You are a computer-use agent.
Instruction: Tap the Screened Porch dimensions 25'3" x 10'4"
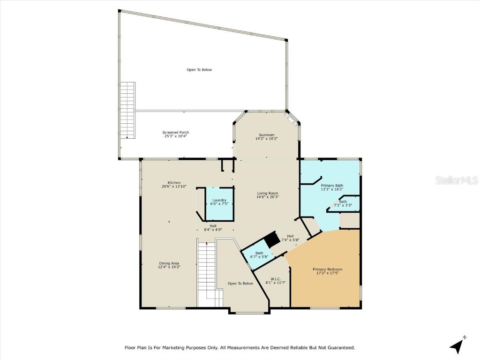tap(176, 136)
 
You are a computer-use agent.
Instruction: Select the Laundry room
tap(219, 202)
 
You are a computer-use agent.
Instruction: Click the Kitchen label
tap(174, 182)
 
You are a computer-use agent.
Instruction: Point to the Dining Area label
tap(169, 263)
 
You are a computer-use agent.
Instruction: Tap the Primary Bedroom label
tap(328, 269)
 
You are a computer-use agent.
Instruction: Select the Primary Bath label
tap(332, 185)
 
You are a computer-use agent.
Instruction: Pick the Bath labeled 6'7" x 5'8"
tap(259, 255)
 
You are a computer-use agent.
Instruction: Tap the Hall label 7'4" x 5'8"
tap(290, 238)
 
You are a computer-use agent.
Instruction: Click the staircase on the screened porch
tap(127, 110)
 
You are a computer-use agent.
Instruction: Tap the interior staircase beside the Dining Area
tap(206, 272)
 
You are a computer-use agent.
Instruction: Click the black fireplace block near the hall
tap(271, 240)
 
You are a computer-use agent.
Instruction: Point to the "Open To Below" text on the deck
tap(199, 70)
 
